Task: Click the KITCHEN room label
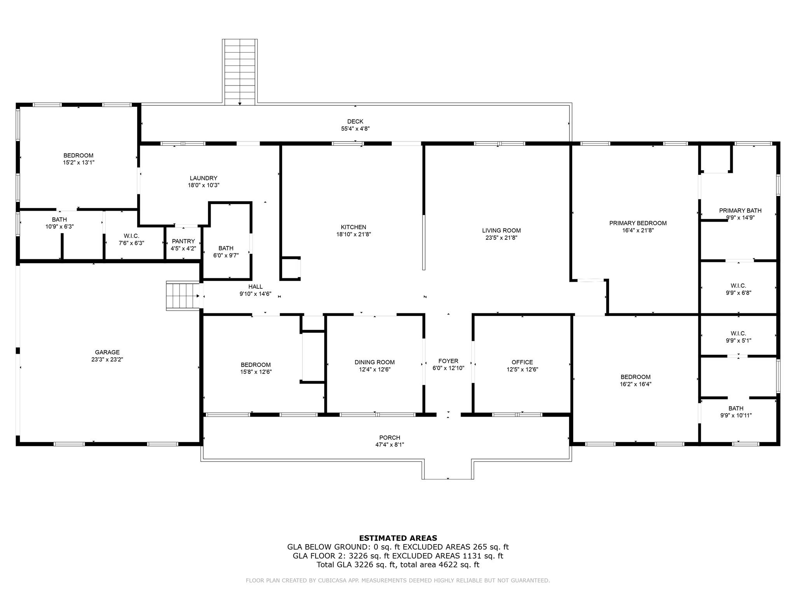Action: [353, 227]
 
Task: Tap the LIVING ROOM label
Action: [501, 230]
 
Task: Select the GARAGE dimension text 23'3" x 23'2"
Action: [107, 360]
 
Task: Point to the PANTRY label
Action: [183, 241]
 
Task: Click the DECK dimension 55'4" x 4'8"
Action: [355, 129]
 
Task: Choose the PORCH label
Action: [390, 438]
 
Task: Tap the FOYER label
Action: [448, 361]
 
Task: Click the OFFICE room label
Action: [522, 362]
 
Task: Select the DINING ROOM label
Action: [375, 362]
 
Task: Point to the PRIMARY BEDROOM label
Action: [638, 223]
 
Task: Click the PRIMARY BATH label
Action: [740, 211]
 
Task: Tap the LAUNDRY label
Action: [204, 178]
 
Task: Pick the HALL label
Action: [255, 287]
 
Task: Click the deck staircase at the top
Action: [240, 72]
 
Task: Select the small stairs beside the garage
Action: [183, 296]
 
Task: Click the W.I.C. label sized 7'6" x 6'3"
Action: [131, 236]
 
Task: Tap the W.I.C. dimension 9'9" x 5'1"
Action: [738, 340]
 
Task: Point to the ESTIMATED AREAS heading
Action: [398, 538]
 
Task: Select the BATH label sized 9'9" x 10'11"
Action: [736, 408]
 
